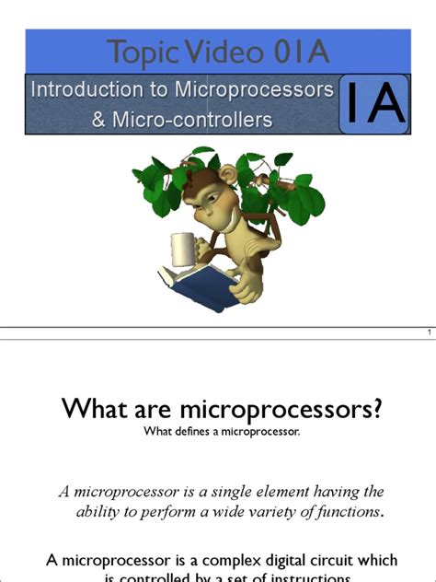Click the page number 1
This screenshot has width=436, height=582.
pos(430,332)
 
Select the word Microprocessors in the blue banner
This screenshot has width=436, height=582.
pos(264,91)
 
